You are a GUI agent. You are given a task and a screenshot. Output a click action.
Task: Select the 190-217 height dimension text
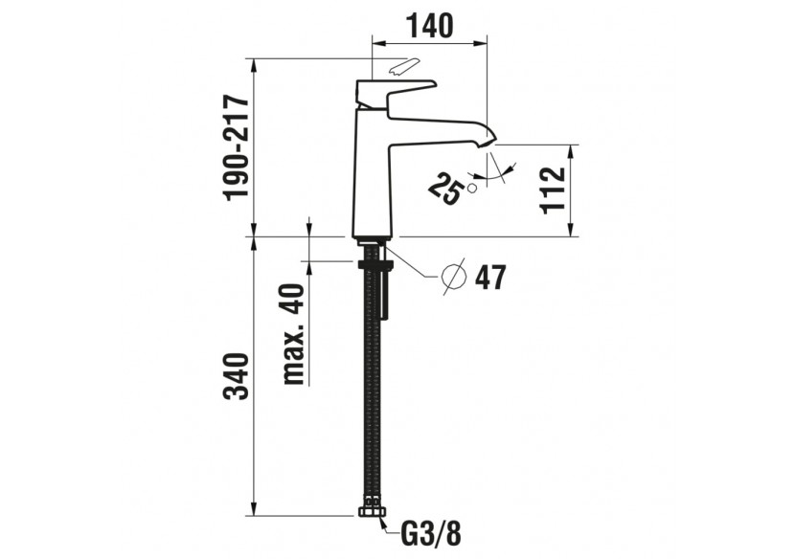click(237, 146)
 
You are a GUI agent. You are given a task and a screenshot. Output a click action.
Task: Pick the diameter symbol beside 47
click(455, 277)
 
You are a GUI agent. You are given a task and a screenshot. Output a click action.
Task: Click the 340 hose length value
click(237, 379)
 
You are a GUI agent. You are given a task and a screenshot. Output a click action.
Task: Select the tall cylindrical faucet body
click(374, 177)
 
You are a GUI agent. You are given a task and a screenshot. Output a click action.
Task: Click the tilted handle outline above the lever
click(403, 67)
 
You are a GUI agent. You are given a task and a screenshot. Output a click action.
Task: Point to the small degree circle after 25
click(471, 189)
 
